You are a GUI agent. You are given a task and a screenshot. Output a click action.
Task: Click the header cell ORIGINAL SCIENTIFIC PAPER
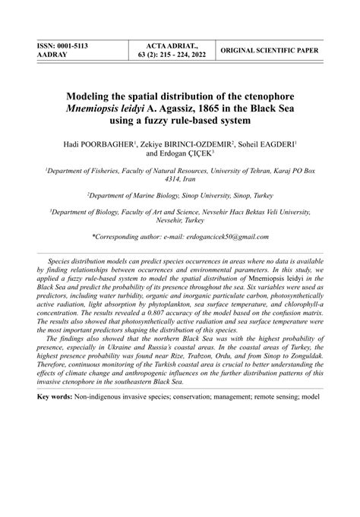click(270, 50)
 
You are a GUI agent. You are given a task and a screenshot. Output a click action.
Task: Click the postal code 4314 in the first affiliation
click(166, 179)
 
